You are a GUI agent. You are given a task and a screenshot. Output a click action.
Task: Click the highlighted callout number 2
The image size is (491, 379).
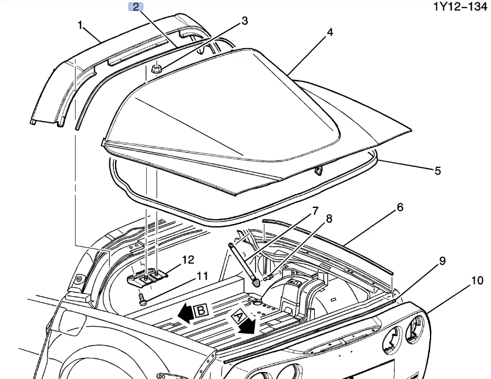[x=135, y=7]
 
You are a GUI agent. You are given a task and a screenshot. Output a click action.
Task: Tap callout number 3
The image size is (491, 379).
[x=244, y=21]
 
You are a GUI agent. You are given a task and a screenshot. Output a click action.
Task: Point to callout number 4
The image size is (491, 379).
[x=330, y=32]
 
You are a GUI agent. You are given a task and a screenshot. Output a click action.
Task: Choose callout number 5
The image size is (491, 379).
[x=437, y=170]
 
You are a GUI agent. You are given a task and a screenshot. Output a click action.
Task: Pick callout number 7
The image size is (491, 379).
[x=315, y=210]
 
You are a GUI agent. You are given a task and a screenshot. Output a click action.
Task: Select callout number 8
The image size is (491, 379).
[x=329, y=219]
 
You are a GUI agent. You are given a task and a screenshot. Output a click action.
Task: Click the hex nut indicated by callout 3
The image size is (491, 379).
[x=156, y=69]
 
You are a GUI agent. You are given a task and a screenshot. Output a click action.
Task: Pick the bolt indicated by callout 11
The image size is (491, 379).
[x=142, y=300]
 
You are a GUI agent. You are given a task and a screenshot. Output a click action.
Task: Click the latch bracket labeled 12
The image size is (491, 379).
[x=148, y=277]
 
